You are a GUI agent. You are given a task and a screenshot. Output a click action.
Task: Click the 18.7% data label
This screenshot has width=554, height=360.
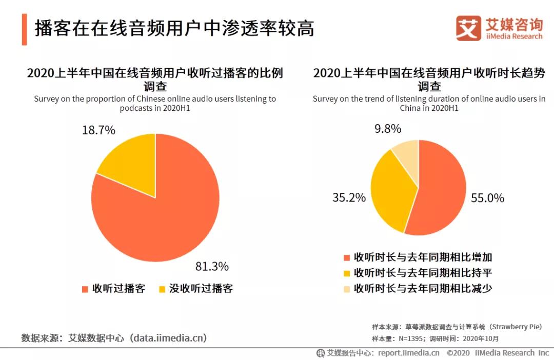point(98,130)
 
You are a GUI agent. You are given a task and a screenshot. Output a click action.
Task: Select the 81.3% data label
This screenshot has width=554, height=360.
point(212,267)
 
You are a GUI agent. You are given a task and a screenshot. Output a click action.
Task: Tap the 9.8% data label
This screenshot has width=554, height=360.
point(388,129)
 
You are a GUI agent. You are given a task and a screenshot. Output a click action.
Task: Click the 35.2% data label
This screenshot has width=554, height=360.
point(349,197)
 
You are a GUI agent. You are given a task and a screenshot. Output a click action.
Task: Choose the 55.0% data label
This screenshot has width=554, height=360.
point(487,198)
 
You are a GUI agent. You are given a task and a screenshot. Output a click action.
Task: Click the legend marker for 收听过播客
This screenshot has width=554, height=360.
point(85,289)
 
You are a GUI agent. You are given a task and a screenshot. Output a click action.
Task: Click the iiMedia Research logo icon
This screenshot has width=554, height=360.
point(468,28)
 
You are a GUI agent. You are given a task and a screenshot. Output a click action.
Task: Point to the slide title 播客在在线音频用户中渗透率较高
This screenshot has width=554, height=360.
point(174,29)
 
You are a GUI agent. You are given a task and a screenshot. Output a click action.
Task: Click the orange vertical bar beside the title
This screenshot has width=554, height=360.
point(24,29)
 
